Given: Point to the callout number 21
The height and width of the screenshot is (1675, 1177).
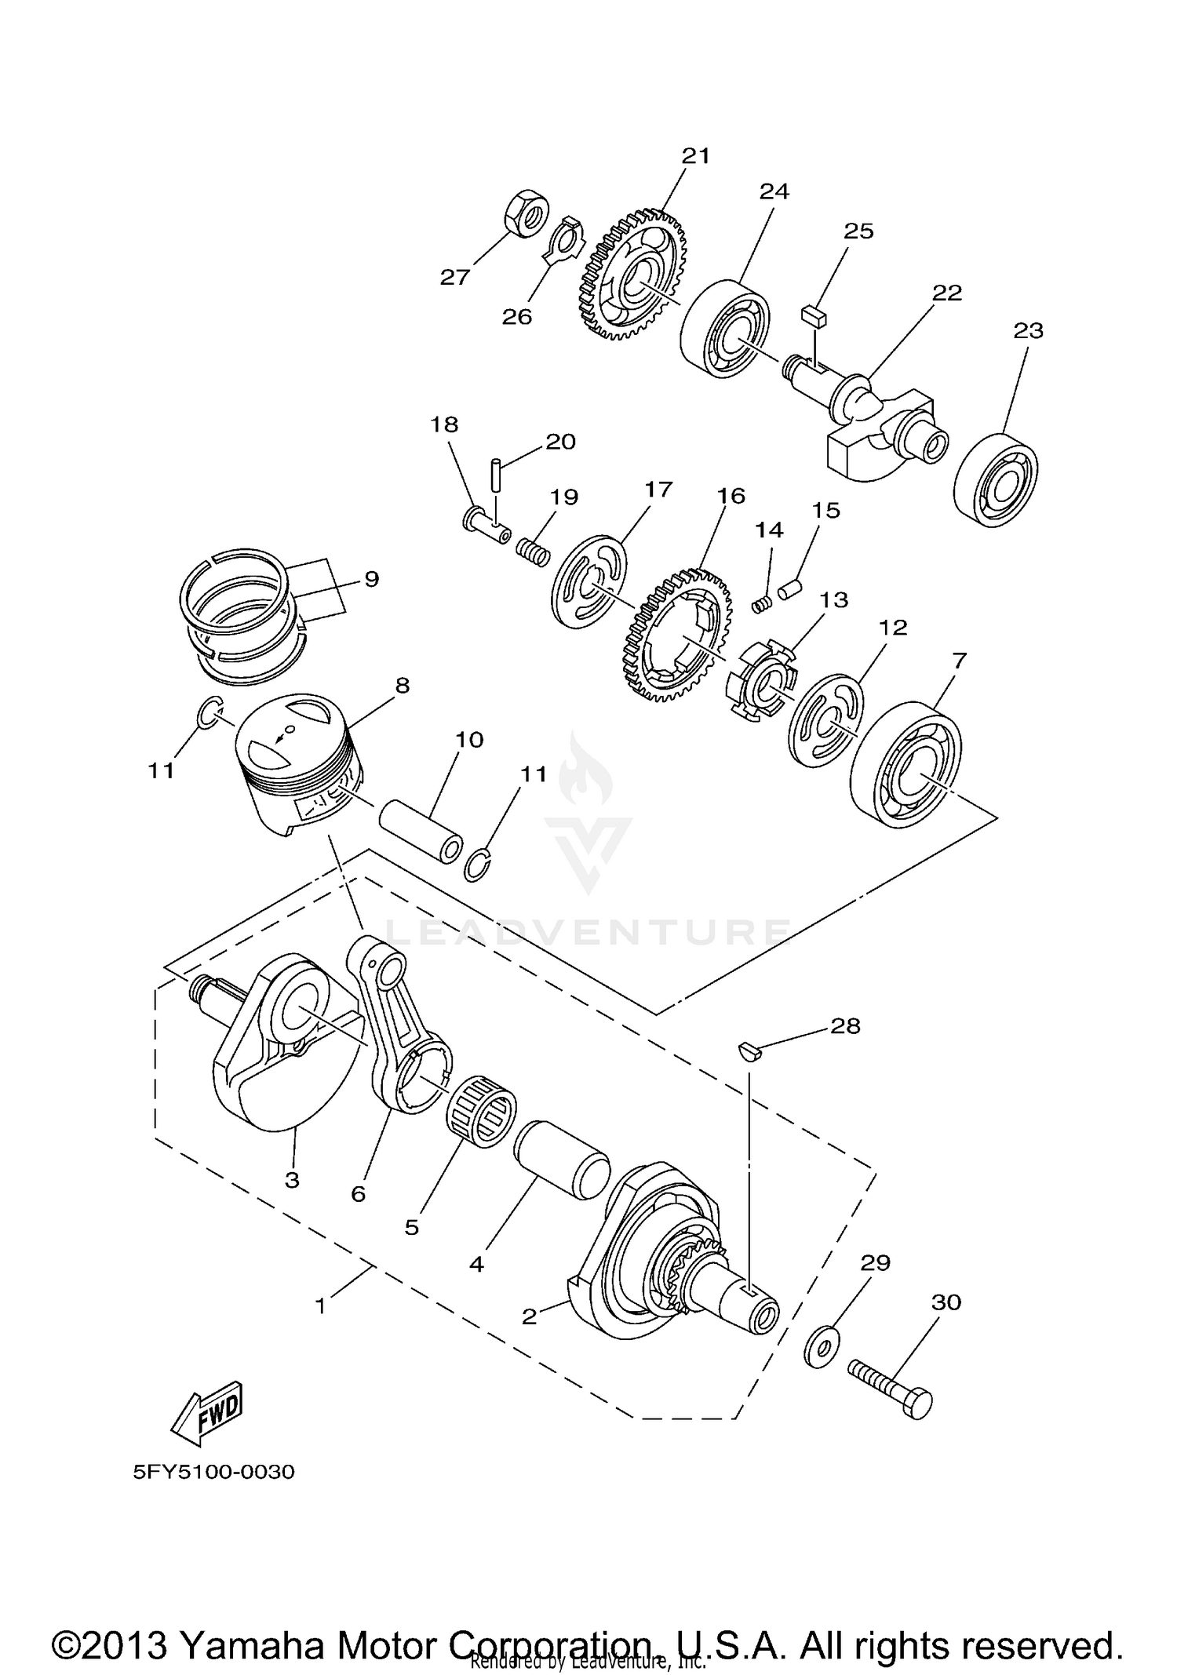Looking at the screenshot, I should pyautogui.click(x=695, y=156).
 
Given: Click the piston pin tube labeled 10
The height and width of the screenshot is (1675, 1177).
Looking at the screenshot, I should pyautogui.click(x=421, y=832).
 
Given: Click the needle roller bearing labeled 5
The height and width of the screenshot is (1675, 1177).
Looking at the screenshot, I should pyautogui.click(x=481, y=1109).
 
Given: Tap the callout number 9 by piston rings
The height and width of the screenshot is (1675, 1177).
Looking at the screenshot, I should pyautogui.click(x=372, y=579).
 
